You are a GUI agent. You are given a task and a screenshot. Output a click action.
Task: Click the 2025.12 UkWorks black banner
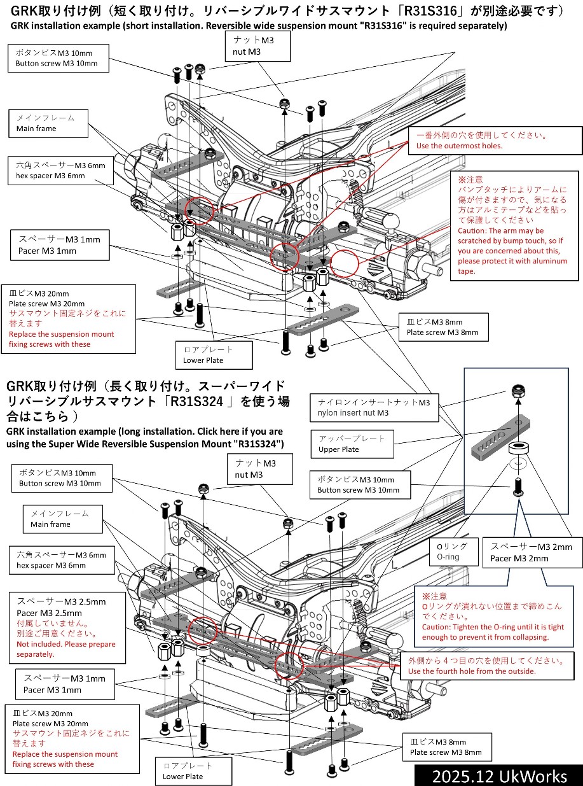(498, 776)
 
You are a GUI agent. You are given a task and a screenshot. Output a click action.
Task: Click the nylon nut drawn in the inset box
(518, 393)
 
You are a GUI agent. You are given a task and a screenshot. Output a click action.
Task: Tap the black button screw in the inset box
(518, 489)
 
